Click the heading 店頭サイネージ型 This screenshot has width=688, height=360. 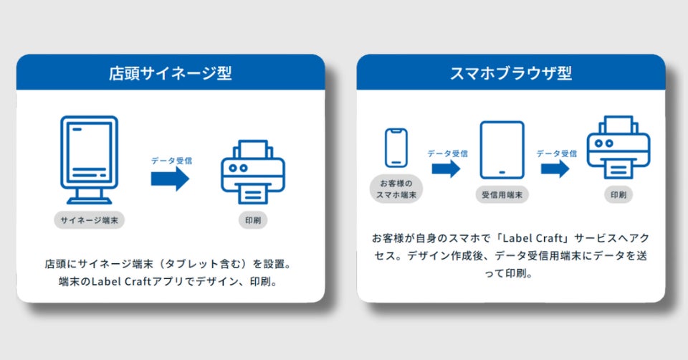coord(170,72)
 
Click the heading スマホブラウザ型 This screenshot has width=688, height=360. coord(511,72)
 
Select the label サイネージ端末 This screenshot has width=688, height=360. coord(89,220)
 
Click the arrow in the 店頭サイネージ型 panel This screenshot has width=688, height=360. coord(170,179)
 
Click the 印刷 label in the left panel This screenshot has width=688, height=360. coord(252,220)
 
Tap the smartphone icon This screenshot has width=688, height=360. coord(396,148)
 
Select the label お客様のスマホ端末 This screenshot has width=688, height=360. coord(396,188)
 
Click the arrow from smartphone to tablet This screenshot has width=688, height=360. coord(446,169)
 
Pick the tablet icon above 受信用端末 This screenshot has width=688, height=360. coord(502,150)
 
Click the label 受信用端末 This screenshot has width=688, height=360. coord(502,194)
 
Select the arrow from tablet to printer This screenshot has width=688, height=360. coord(555,169)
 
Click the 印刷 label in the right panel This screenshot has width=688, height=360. coord(618,194)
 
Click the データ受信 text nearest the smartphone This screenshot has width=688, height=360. coord(447,153)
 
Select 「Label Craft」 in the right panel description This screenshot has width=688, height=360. coord(509,237)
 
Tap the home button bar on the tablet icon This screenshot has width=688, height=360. coord(502,172)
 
